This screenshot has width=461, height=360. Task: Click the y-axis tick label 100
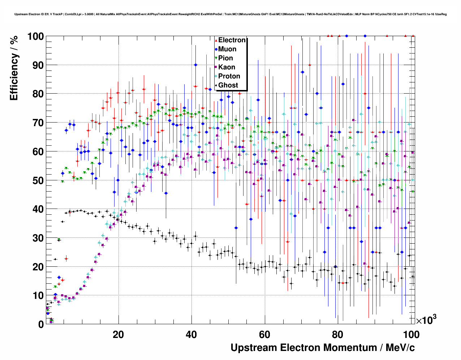pos(36,37)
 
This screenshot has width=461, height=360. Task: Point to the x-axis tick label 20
pos(118,335)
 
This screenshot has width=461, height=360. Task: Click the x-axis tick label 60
pos(264,335)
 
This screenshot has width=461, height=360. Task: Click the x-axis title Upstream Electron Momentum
pos(323,348)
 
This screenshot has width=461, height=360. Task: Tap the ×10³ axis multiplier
pos(426,320)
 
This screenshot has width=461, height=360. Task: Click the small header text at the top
pos(231,14)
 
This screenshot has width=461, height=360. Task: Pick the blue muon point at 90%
pos(195,65)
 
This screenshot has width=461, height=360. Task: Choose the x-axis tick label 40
pos(191,335)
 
